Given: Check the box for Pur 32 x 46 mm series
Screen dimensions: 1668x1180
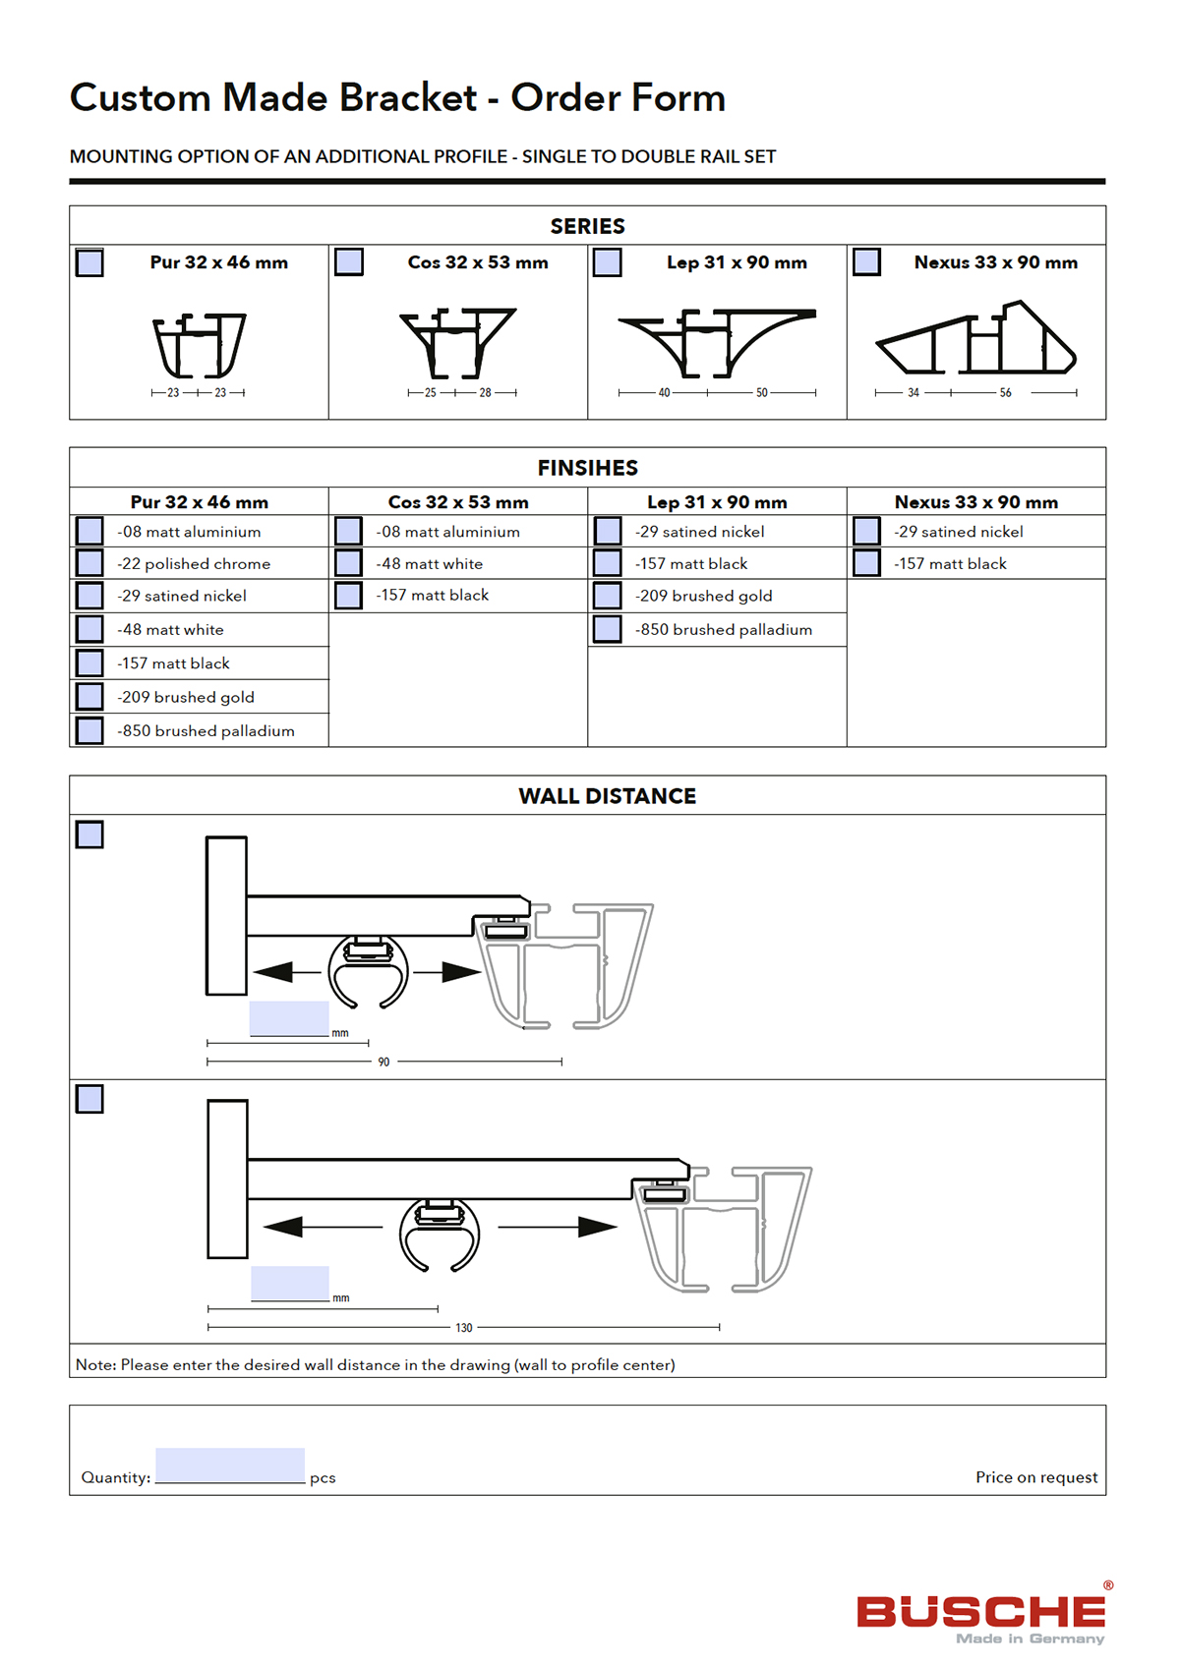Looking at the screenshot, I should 89,263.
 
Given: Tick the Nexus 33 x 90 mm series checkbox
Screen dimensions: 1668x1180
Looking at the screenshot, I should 866,262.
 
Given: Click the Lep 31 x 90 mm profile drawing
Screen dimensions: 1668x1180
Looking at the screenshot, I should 717,342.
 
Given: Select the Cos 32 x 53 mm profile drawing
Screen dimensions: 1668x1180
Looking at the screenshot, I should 458,342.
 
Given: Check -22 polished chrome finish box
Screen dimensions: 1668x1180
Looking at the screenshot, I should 89,563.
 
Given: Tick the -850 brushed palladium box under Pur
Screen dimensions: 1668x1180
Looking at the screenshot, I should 89,730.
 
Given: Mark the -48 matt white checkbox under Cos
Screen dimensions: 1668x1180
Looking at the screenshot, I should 348,563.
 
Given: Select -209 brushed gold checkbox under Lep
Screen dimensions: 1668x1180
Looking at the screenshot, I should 608,596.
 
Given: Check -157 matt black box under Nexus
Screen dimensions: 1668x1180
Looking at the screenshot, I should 866,563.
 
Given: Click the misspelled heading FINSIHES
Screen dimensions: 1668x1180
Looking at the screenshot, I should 587,468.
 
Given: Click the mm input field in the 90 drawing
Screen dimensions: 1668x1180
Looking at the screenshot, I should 289,1018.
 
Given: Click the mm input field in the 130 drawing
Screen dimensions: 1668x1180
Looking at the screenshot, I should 290,1283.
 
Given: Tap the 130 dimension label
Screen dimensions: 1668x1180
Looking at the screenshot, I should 464,1328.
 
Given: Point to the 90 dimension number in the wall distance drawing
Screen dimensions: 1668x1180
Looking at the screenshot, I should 383,1063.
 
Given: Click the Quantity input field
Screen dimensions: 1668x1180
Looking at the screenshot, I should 230,1465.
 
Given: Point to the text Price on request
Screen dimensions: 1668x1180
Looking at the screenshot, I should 1036,1477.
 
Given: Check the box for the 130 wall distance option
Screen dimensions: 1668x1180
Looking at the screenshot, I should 89,1099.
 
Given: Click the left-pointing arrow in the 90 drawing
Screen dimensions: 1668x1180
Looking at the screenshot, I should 275,972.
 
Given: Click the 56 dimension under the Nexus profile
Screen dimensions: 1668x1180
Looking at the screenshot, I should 1005,393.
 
